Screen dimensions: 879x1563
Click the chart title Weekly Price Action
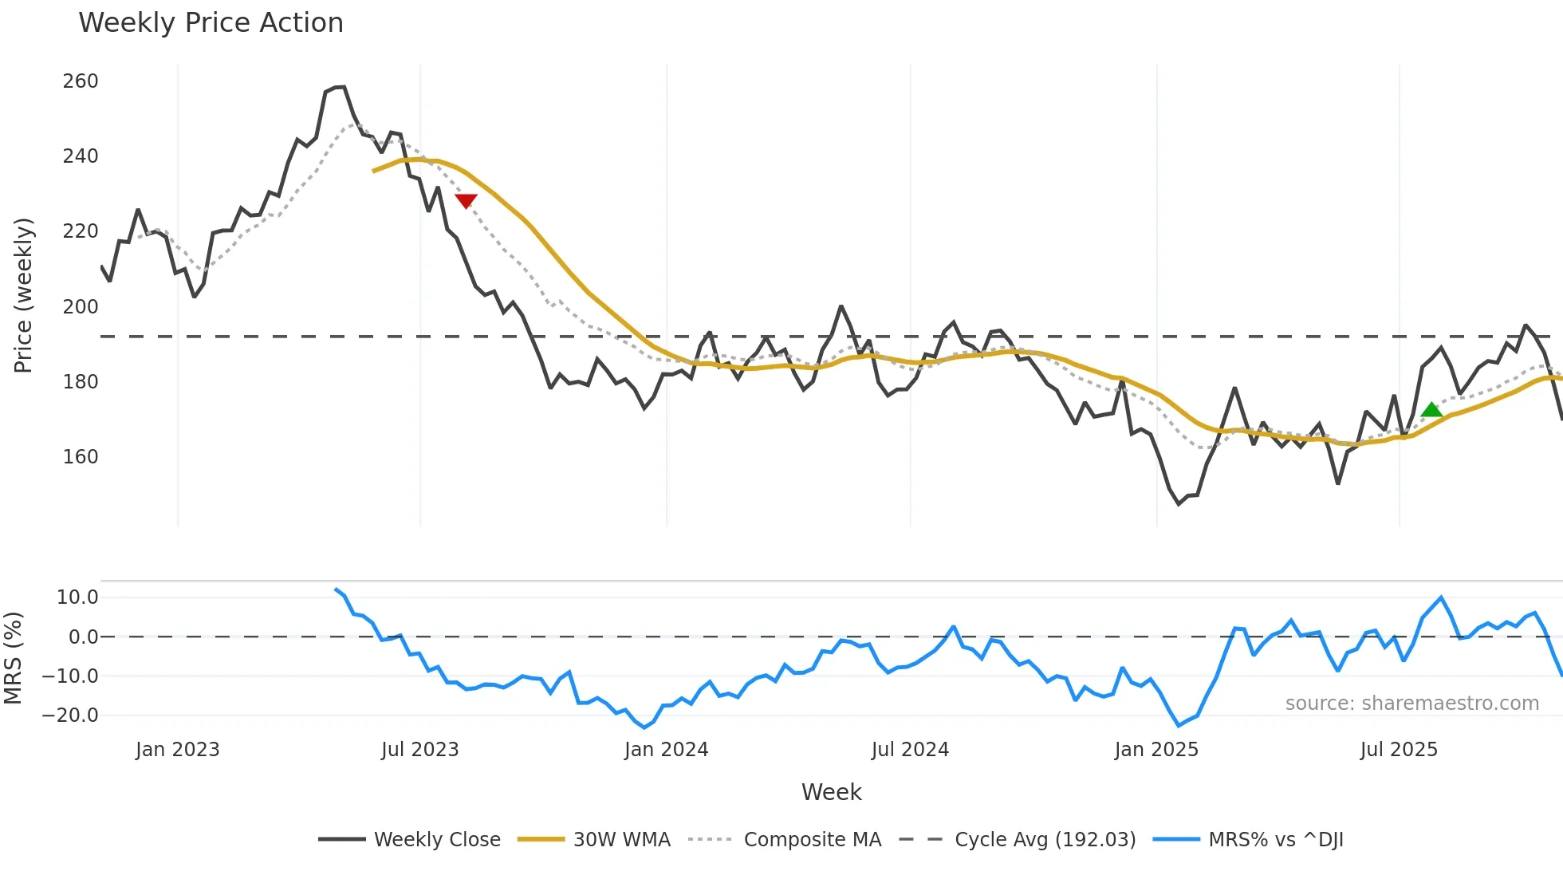(211, 23)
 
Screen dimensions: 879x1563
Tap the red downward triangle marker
(466, 201)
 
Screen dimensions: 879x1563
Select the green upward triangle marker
(1431, 410)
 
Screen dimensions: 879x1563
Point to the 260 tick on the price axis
(81, 81)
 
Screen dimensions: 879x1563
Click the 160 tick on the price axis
(81, 457)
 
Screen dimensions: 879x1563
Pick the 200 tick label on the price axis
(81, 307)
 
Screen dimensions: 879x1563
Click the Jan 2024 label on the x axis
(666, 750)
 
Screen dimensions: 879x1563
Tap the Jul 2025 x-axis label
(1399, 750)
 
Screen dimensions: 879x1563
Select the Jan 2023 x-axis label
(177, 750)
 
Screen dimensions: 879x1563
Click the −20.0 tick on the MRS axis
(70, 715)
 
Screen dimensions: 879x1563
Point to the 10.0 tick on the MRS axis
(77, 597)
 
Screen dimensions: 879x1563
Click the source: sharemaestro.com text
(1411, 704)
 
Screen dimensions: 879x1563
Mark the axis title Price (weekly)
(23, 295)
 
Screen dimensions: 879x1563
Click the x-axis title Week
(831, 792)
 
